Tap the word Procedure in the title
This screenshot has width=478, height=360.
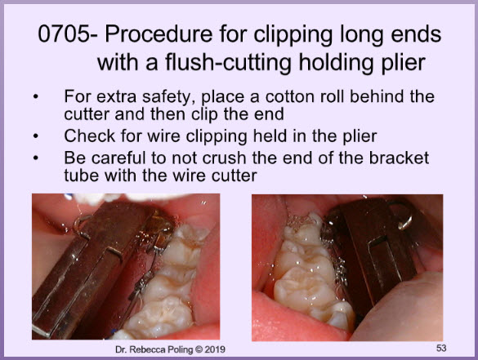tap(159, 33)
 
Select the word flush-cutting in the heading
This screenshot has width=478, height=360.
tap(229, 63)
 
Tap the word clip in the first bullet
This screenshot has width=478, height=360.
tap(204, 115)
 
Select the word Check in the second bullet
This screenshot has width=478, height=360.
tap(90, 136)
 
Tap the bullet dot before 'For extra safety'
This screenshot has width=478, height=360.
tap(36, 97)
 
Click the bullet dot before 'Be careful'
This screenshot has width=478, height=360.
tap(36, 158)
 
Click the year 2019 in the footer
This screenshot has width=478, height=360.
tap(215, 349)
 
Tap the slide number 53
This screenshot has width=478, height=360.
tap(441, 348)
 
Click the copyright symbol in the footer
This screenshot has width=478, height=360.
tap(199, 349)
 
